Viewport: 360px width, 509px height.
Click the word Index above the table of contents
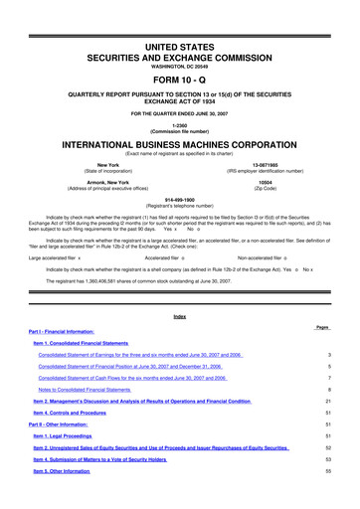click(179, 317)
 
